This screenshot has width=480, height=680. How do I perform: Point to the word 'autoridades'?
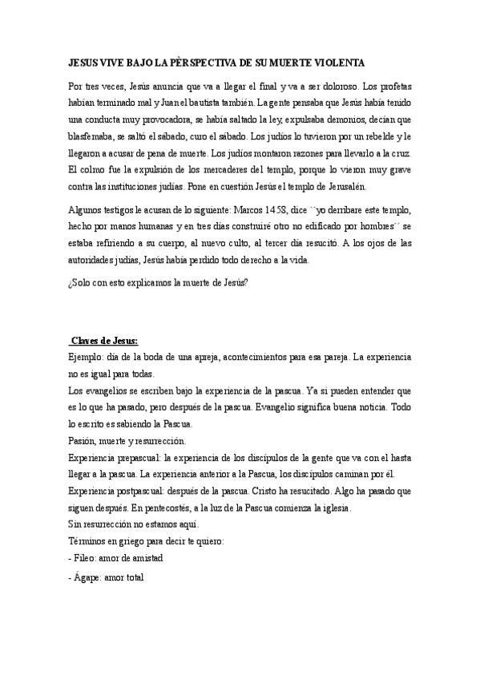click(x=95, y=261)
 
